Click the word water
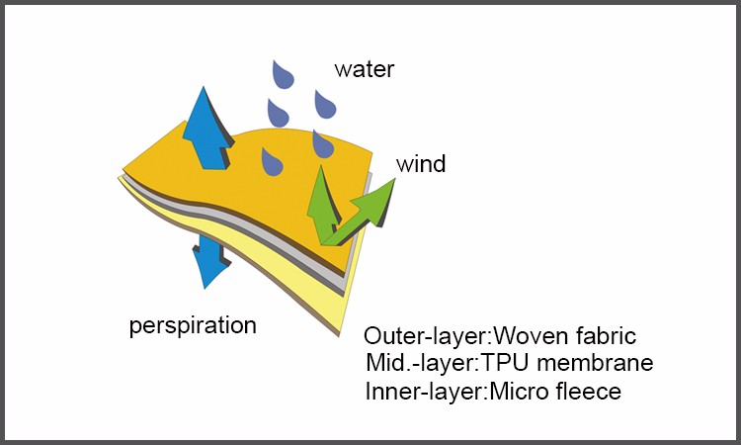(x=364, y=69)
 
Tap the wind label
(x=421, y=164)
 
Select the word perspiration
(x=193, y=326)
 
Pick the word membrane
(x=596, y=363)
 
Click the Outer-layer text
(x=425, y=336)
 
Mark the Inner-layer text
(x=424, y=392)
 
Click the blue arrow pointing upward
(x=206, y=128)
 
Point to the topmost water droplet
(x=283, y=75)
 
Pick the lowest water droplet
(x=272, y=162)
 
